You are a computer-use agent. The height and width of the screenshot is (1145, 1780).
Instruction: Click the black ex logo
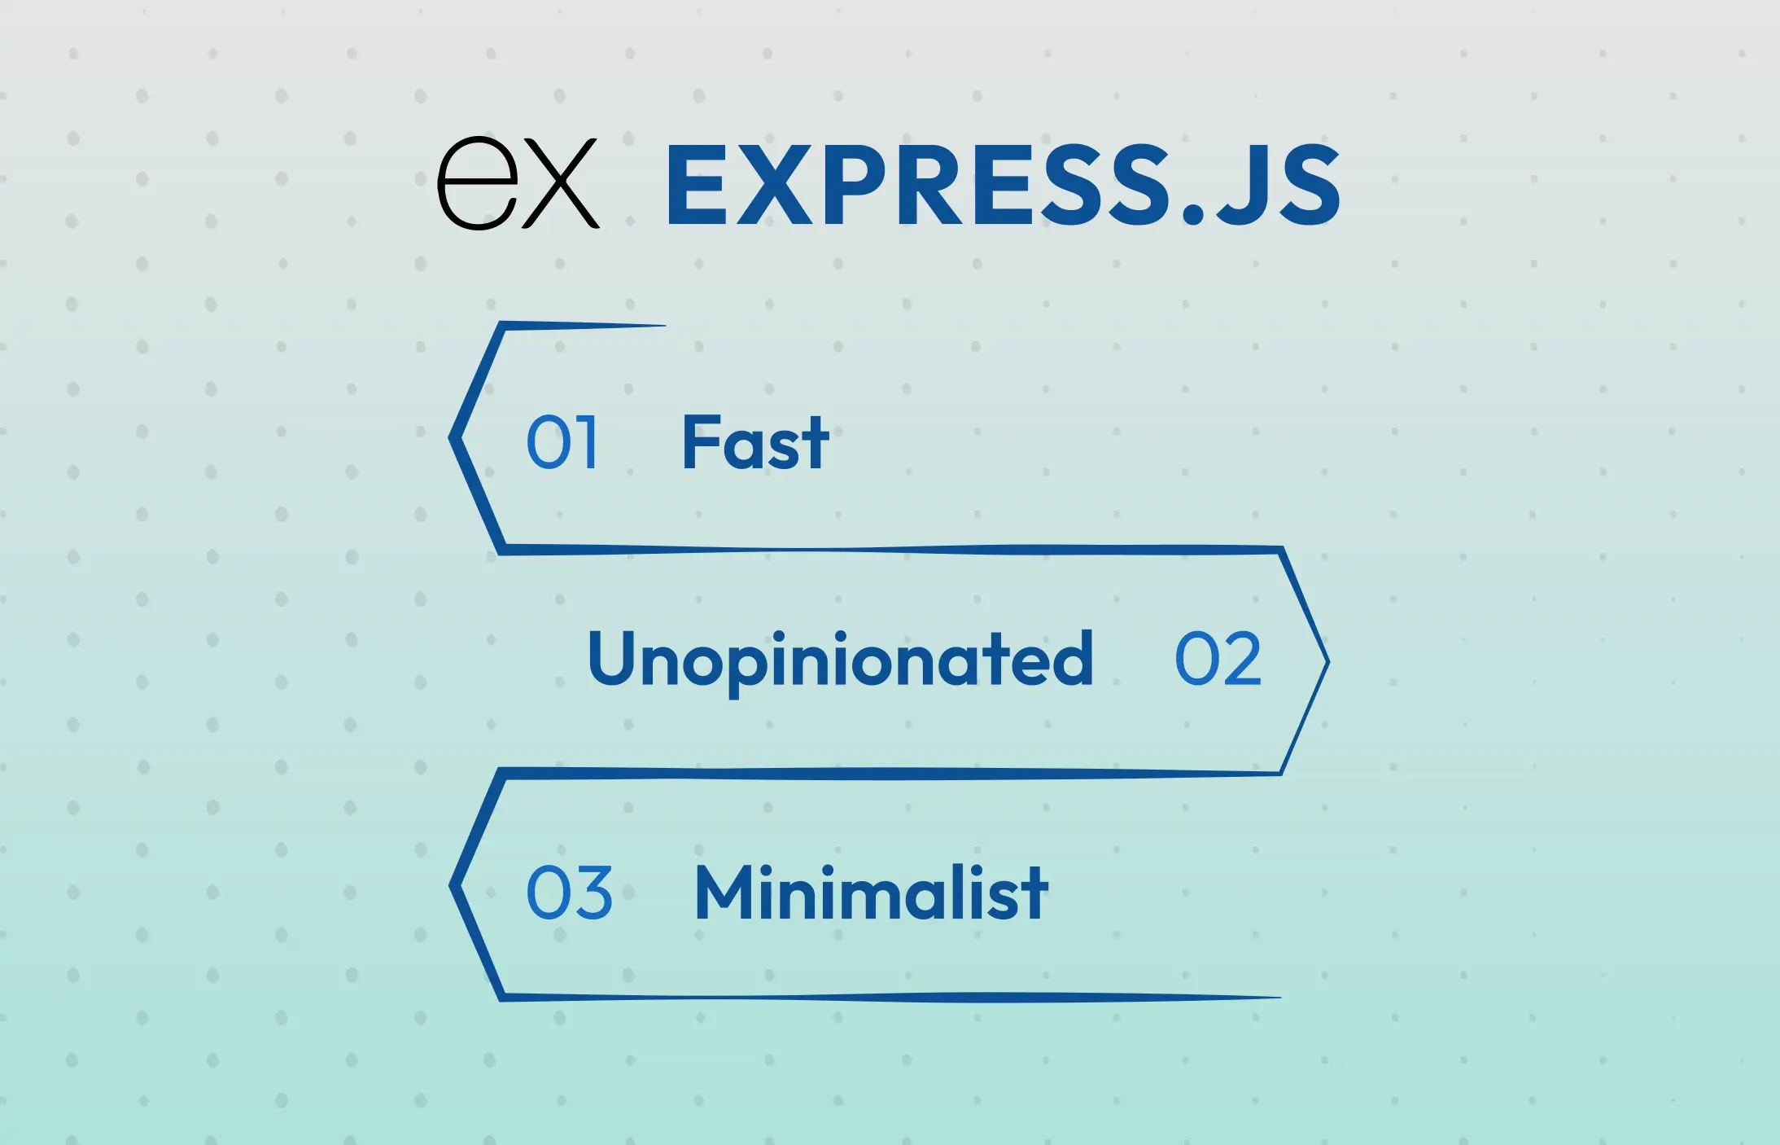(518, 183)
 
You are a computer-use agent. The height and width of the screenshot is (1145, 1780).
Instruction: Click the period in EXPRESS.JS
(1192, 213)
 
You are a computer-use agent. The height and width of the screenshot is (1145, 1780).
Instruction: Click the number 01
(562, 442)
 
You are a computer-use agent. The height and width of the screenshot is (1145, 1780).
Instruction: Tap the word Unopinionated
(840, 660)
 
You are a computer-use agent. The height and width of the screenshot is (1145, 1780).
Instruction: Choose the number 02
(1218, 660)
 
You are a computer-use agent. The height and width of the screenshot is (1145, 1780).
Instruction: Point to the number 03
(569, 893)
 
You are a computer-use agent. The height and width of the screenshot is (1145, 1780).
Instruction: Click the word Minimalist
(871, 893)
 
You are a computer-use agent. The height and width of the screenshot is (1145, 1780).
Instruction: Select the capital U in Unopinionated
(612, 656)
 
